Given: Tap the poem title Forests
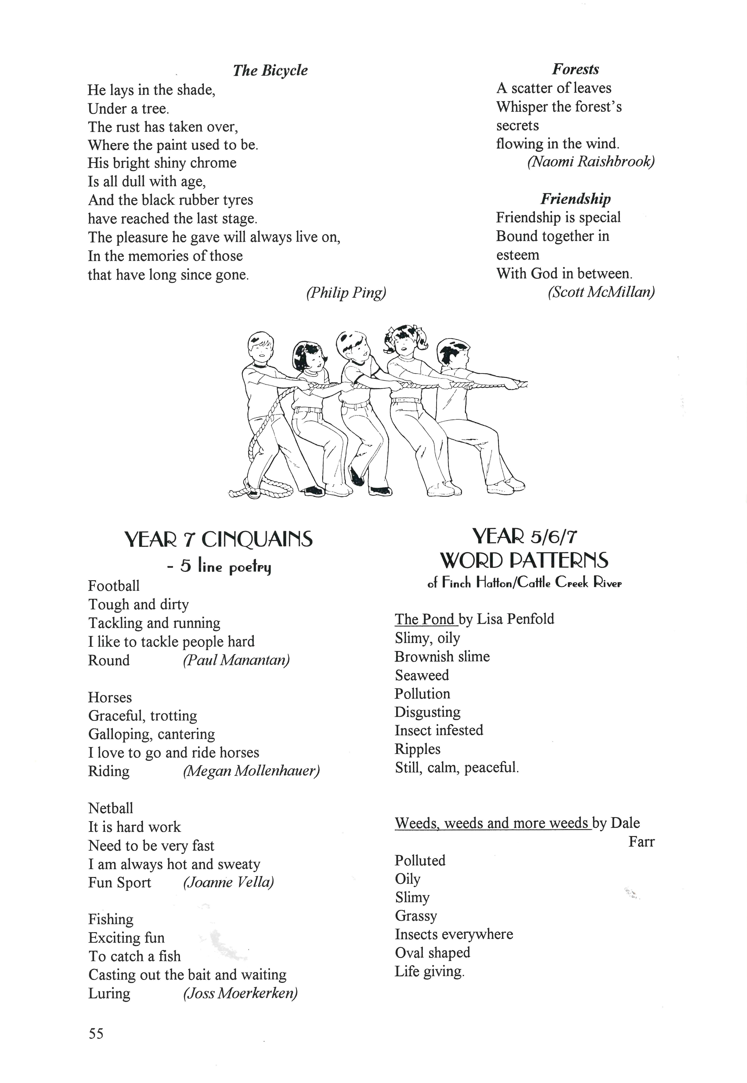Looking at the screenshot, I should [575, 69].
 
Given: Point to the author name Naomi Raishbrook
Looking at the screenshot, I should [591, 162].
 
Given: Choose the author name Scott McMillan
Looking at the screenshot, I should [601, 292].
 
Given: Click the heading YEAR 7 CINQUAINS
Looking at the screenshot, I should [219, 540].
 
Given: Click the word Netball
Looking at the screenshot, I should [110, 808].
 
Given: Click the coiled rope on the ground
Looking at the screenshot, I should [262, 488].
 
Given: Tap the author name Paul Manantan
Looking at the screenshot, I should [236, 660].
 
